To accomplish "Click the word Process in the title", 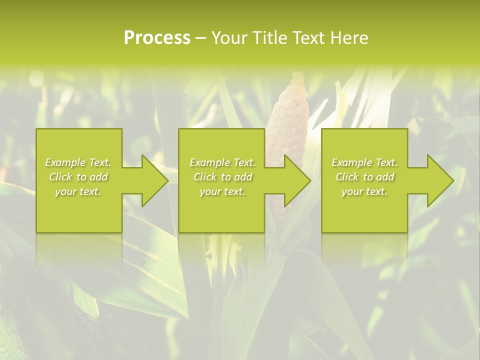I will tap(157, 38).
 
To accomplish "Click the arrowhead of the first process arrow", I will tap(153, 180).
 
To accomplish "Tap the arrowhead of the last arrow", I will tap(438, 180).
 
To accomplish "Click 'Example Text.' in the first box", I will tap(78, 162).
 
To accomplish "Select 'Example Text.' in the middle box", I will tap(222, 162).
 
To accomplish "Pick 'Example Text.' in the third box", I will tap(364, 162).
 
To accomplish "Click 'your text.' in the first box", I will tap(78, 191).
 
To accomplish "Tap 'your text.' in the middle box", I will tap(222, 191).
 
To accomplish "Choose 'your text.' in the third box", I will tap(364, 191).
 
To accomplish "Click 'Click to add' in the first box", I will tap(78, 177).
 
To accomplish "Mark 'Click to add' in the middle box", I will tap(222, 177).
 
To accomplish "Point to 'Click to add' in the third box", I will tap(364, 177).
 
